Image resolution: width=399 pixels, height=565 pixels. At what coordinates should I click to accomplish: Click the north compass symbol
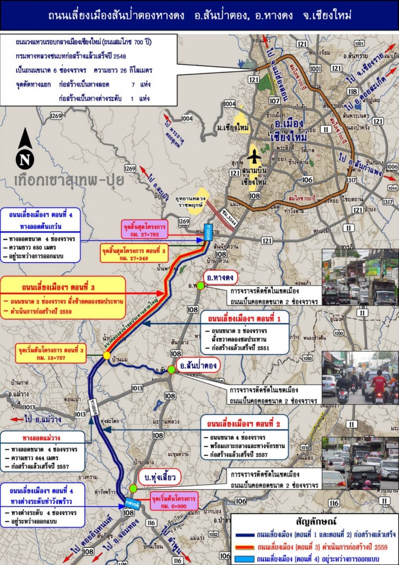[x=25, y=150]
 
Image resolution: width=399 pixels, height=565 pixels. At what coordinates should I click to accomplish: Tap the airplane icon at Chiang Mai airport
[x=254, y=157]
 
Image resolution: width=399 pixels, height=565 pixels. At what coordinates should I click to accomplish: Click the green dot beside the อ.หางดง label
[x=201, y=285]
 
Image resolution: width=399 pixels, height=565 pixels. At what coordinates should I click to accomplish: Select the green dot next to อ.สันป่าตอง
[x=172, y=369]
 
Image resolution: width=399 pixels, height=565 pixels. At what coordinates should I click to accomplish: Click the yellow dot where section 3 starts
[x=106, y=356]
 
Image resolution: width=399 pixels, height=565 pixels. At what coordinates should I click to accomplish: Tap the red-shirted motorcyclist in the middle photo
[x=379, y=383]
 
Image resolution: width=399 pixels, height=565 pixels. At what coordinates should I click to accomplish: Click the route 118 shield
[x=353, y=92]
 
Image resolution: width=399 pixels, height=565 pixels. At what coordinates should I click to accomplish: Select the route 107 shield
[x=274, y=101]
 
